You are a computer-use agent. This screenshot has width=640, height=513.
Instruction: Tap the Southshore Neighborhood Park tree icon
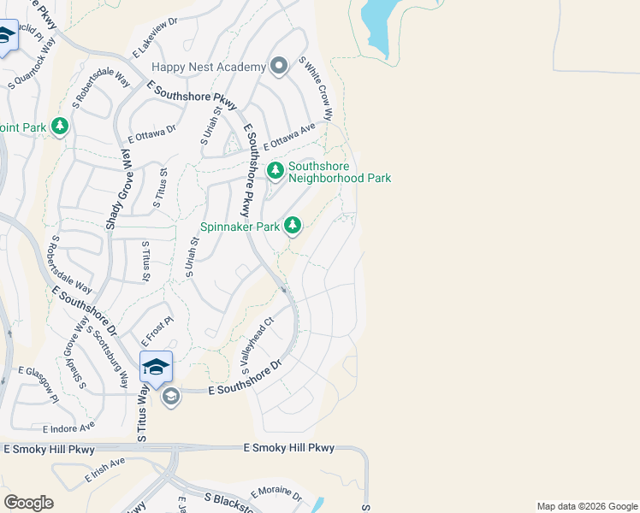tap(276, 171)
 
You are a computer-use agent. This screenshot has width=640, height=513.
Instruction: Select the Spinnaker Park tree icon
tap(293, 226)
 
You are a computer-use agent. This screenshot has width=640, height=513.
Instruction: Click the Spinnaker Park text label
tap(240, 227)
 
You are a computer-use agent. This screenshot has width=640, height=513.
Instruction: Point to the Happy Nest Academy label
tap(209, 67)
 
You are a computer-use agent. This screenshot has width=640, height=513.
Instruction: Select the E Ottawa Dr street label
tap(151, 133)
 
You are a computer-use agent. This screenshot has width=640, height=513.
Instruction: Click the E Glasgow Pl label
tap(39, 384)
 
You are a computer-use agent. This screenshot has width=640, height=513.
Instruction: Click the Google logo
tap(28, 502)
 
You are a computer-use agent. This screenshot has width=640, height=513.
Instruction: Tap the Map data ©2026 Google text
tap(586, 506)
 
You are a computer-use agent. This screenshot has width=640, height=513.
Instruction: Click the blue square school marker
tap(156, 367)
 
